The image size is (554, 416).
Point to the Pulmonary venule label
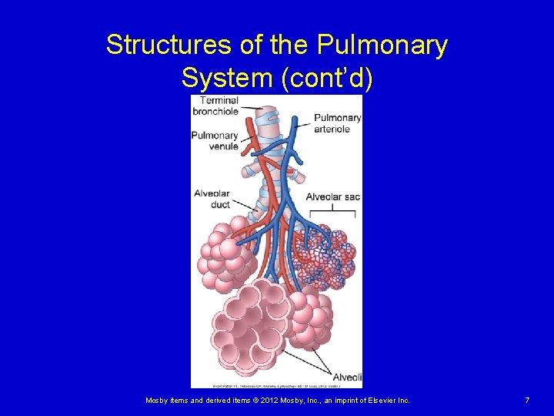215,141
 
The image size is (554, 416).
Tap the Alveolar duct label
212,200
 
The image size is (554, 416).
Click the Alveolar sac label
332,197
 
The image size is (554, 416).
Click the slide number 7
527,401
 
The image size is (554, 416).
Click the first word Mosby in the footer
157,401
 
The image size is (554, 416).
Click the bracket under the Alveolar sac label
332,210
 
